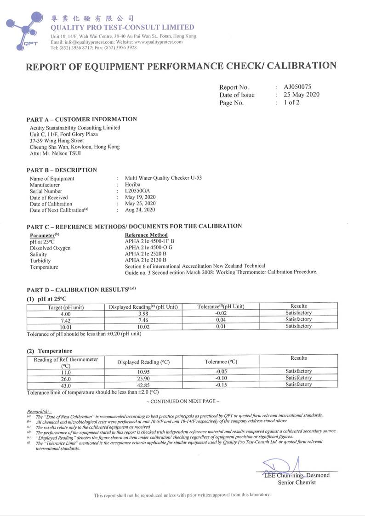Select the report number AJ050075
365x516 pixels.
pos(297,87)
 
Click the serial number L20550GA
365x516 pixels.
pos(138,191)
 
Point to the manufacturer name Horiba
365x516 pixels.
pos(133,185)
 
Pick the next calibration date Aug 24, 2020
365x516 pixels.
pos(140,210)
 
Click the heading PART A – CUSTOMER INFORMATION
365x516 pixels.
pos(82,119)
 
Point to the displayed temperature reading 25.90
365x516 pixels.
pos(143,378)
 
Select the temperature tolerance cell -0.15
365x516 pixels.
pos(222,385)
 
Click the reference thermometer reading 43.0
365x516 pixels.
pos(66,385)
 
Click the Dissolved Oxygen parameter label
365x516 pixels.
pos(50,248)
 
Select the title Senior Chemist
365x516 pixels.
pos(297,482)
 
